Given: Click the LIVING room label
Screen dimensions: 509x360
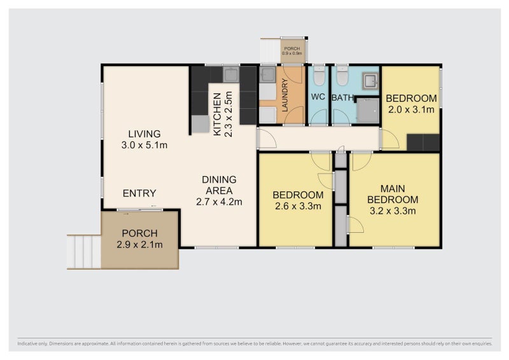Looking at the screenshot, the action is point(144,134).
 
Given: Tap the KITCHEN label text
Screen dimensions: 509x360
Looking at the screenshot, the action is point(217,114).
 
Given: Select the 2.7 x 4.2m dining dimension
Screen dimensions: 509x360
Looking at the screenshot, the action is point(219,202).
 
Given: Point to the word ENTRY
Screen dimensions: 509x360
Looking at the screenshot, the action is point(139,193).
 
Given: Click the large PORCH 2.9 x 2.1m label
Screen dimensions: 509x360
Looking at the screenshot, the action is point(139,239).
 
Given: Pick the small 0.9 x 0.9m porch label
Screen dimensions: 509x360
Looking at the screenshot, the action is point(292,53).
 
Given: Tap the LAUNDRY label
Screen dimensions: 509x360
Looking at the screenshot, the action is point(285,95).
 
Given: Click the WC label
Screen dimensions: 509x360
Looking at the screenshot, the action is point(317,97).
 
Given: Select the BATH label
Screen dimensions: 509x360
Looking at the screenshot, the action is point(342,98).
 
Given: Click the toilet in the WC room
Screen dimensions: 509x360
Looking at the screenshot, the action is point(319,76).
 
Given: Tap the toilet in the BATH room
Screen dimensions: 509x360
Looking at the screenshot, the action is point(342,76).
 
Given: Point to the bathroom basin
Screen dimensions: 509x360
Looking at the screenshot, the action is point(370,81).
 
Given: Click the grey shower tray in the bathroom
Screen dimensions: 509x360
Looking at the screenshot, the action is point(368,111).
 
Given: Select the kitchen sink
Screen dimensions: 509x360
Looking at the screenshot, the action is point(231,74).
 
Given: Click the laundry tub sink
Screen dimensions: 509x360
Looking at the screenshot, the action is point(267,74).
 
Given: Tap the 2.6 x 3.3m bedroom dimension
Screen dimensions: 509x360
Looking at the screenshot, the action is point(298,206).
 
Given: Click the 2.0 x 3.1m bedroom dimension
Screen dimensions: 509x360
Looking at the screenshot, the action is point(411,110).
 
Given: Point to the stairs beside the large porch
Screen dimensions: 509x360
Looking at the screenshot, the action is point(84,252).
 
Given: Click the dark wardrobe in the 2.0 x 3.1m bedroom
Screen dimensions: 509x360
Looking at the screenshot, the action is point(423,142).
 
